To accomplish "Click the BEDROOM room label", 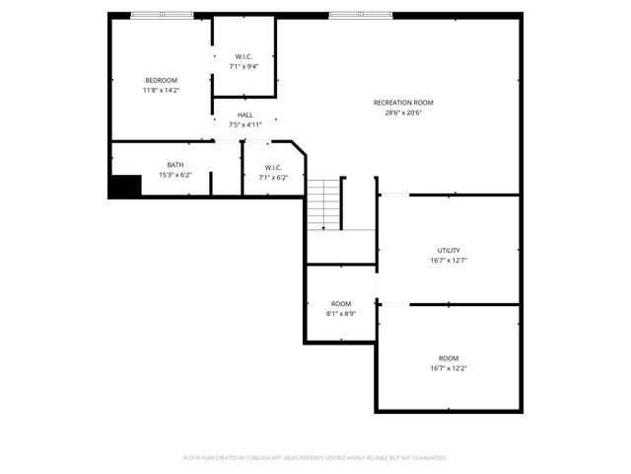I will (161, 80).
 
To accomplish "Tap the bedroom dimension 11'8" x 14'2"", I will (161, 90).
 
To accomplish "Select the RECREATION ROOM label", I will (402, 103).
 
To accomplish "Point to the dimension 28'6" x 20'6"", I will (402, 113).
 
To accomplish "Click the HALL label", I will (245, 116).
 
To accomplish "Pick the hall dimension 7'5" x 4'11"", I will (245, 125).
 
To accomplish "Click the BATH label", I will (175, 165).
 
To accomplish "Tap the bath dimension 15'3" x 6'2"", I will (175, 175).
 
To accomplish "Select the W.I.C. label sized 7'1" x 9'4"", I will (245, 56).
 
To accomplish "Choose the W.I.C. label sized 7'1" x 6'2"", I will (273, 167).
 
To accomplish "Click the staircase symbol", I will (322, 205).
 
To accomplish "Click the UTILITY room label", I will (449, 251).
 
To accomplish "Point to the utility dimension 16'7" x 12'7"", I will (449, 261).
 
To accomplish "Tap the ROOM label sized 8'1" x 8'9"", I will (341, 303).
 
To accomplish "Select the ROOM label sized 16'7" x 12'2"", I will (449, 357).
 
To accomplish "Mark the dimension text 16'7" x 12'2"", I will (449, 368).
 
